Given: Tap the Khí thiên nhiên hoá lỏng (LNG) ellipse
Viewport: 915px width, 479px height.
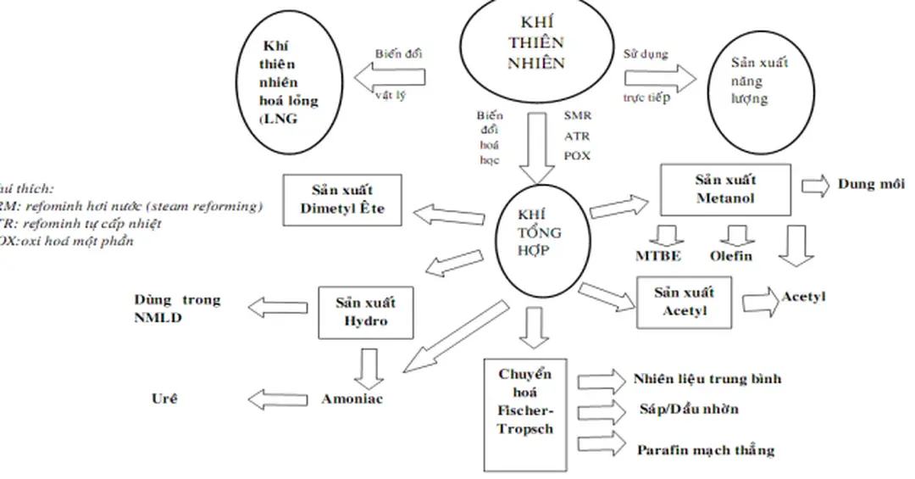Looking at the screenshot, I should click(288, 82).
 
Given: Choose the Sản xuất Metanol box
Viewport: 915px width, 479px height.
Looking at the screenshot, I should click(725, 189).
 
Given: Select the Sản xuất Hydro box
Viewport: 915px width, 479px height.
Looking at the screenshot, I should click(365, 311).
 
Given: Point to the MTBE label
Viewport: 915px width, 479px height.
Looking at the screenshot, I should click(659, 256).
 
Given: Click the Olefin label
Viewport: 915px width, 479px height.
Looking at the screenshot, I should click(730, 256).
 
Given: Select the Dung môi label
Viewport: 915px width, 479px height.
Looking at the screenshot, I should click(871, 184).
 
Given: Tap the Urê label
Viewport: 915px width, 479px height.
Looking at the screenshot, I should click(164, 398).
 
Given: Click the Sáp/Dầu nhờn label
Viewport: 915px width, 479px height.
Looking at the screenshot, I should click(689, 409).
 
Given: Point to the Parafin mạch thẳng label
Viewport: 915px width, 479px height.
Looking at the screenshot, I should click(705, 449).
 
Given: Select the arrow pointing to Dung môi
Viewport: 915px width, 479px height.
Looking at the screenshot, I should click(814, 186).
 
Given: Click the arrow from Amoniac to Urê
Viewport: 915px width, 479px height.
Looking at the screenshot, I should click(277, 398).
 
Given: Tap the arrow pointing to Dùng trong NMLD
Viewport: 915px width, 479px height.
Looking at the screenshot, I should click(276, 308).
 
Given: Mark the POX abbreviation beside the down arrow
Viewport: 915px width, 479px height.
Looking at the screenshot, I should click(577, 156).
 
